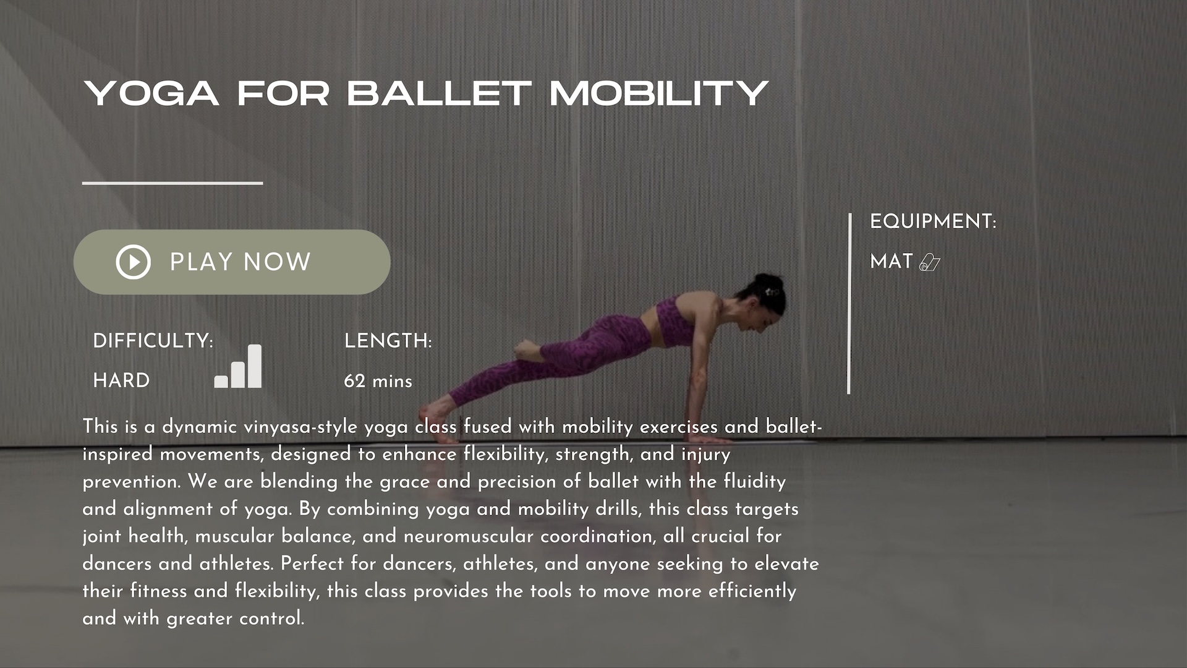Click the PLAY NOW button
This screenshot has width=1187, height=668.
232,262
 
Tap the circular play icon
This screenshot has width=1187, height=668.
133,262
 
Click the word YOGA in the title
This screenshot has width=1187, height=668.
151,93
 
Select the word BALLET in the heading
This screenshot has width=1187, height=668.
439,93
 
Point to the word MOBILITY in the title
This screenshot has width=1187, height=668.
659,93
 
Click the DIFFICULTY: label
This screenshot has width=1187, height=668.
153,341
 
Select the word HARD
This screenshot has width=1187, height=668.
121,380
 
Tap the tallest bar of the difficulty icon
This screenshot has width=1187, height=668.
254,366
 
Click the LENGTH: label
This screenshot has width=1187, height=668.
388,341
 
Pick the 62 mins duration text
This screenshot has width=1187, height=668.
378,381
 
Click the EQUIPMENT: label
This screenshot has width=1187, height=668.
933,221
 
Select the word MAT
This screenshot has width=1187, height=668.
891,262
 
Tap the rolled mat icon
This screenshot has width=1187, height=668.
930,262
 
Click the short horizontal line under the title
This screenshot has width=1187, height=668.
172,183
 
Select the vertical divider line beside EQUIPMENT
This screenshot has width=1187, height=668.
849,303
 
